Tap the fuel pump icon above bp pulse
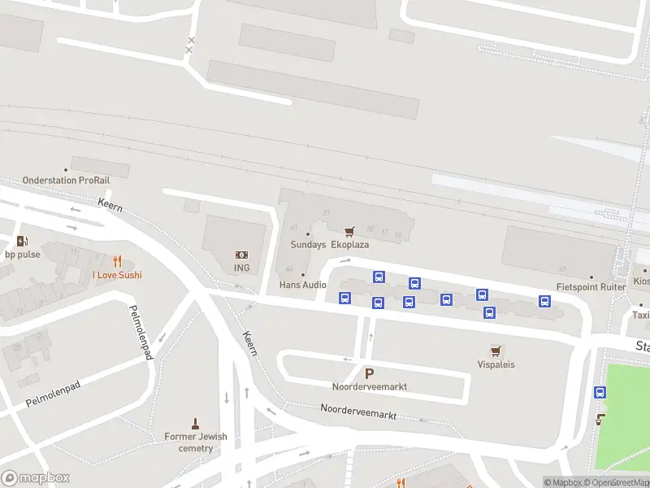pos(21,241)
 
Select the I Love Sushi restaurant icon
pos(117,261)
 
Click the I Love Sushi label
pos(117,275)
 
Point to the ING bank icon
pos(241,255)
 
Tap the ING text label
pos(241,268)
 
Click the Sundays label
pos(309,244)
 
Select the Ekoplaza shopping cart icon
pos(349,232)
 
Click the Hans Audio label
pos(302,285)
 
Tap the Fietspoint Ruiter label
pos(591,287)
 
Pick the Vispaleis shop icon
pos(496,351)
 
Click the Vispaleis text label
pos(496,364)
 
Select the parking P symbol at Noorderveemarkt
pos(369,373)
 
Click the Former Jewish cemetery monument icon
pos(195,423)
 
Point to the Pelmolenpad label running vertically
pos(141,332)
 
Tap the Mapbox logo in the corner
pos(35,478)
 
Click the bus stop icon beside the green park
pos(600,392)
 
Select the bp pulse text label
pos(22,255)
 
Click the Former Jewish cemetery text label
pos(196,442)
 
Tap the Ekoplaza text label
pos(350,244)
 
